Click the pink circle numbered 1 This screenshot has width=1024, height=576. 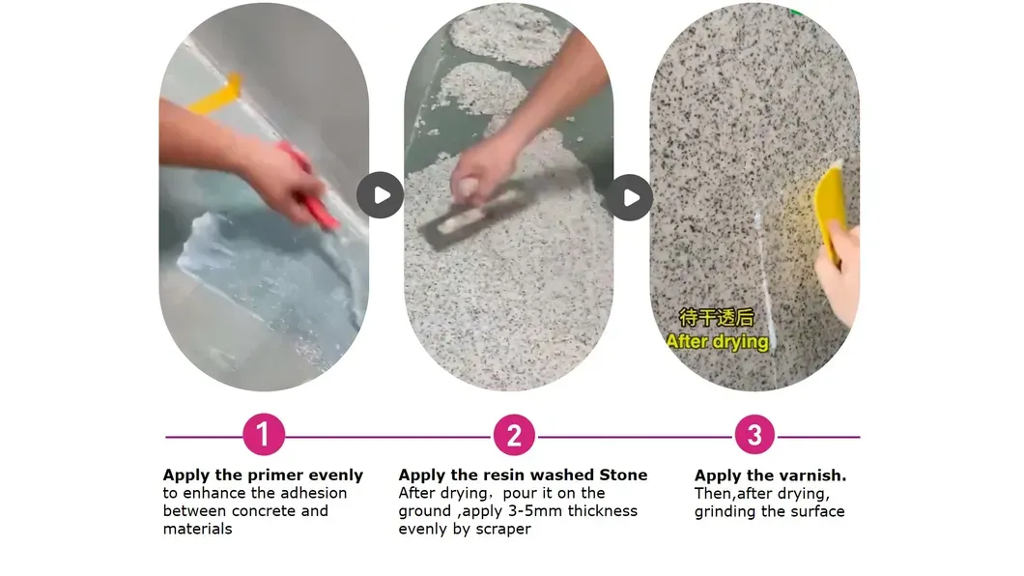(264, 435)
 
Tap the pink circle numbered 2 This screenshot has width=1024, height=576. (514, 435)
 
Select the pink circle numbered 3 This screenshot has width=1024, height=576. (754, 435)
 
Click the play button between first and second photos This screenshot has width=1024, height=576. (380, 195)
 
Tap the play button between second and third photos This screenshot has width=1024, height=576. (630, 197)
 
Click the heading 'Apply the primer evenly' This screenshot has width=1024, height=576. (263, 475)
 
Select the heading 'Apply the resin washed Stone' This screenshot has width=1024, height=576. (523, 475)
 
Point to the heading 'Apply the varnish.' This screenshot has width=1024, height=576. (770, 475)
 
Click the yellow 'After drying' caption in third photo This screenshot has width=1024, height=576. (717, 341)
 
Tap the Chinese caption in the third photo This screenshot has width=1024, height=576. (717, 318)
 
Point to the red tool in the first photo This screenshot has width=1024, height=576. (311, 187)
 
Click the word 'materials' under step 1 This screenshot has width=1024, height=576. (197, 529)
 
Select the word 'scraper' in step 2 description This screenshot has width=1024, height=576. (500, 529)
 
